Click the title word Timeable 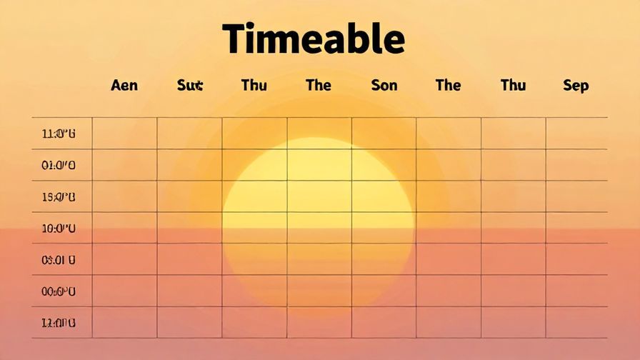click(313, 39)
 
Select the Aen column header click(124, 86)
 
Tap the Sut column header click(190, 86)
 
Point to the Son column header click(384, 86)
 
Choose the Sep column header click(576, 86)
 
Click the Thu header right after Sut click(254, 86)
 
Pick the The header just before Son click(319, 86)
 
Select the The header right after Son click(448, 86)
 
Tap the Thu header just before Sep click(513, 86)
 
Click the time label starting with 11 click(59, 134)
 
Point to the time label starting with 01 click(59, 165)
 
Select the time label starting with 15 click(59, 197)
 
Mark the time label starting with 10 click(59, 229)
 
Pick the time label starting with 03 click(59, 260)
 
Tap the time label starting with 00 click(59, 291)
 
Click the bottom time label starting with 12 click(59, 323)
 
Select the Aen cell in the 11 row click(124, 134)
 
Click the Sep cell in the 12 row click(576, 323)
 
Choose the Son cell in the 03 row click(384, 260)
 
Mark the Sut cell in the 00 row click(189, 291)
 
